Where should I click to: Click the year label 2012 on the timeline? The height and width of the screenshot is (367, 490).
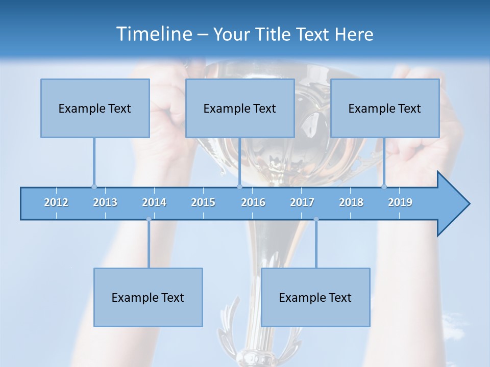56,202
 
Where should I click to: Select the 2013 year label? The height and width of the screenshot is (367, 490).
105,202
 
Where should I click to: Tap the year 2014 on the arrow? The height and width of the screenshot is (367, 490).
154,202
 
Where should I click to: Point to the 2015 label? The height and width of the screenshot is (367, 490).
203,202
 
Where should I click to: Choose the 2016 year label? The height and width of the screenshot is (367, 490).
253,202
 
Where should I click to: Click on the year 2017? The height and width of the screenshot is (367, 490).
302,202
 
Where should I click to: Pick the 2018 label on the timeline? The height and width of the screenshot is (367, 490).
351,202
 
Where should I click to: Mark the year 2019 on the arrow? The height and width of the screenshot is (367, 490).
400,202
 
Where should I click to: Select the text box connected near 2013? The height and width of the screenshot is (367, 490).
95,108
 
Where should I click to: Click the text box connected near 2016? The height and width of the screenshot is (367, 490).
240,108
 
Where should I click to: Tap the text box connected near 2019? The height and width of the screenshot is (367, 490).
385,108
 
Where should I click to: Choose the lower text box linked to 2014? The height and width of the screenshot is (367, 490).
148,297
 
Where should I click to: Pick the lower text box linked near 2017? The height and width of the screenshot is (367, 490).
315,297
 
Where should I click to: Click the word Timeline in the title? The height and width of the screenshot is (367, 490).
153,34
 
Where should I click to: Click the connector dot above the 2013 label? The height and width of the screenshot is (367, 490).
94,187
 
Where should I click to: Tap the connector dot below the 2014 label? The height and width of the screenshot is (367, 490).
149,219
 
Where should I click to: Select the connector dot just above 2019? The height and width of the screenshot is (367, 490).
384,187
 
